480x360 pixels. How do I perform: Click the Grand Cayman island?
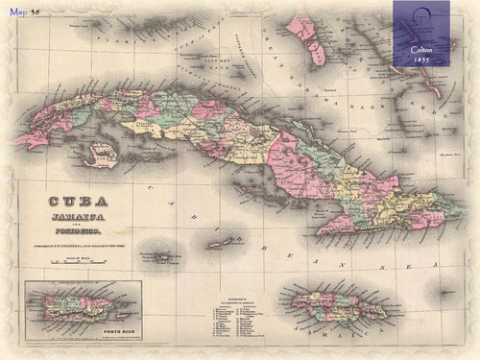click(162, 257)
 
